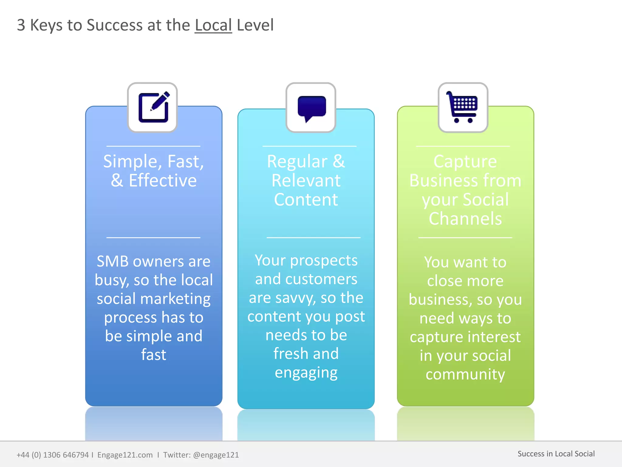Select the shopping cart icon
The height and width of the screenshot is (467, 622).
pyautogui.click(x=462, y=107)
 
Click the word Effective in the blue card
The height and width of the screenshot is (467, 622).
pyautogui.click(x=162, y=181)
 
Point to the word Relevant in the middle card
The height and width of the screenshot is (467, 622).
pyautogui.click(x=306, y=181)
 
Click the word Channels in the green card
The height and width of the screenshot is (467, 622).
pyautogui.click(x=465, y=219)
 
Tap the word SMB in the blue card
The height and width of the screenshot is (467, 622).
pyautogui.click(x=112, y=261)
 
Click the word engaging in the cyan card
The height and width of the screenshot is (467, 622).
pyautogui.click(x=306, y=373)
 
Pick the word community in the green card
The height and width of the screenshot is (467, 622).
pyautogui.click(x=465, y=374)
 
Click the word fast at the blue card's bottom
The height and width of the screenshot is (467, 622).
pyautogui.click(x=153, y=355)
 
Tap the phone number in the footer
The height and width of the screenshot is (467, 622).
pyautogui.click(x=53, y=455)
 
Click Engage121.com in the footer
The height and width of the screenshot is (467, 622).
pyautogui.click(x=125, y=455)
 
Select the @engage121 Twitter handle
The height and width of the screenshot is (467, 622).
pyautogui.click(x=216, y=455)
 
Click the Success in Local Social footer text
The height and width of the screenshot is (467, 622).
pyautogui.click(x=556, y=454)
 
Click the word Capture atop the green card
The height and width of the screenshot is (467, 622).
pyautogui.click(x=465, y=161)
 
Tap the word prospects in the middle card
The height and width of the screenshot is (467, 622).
pyautogui.click(x=323, y=261)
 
